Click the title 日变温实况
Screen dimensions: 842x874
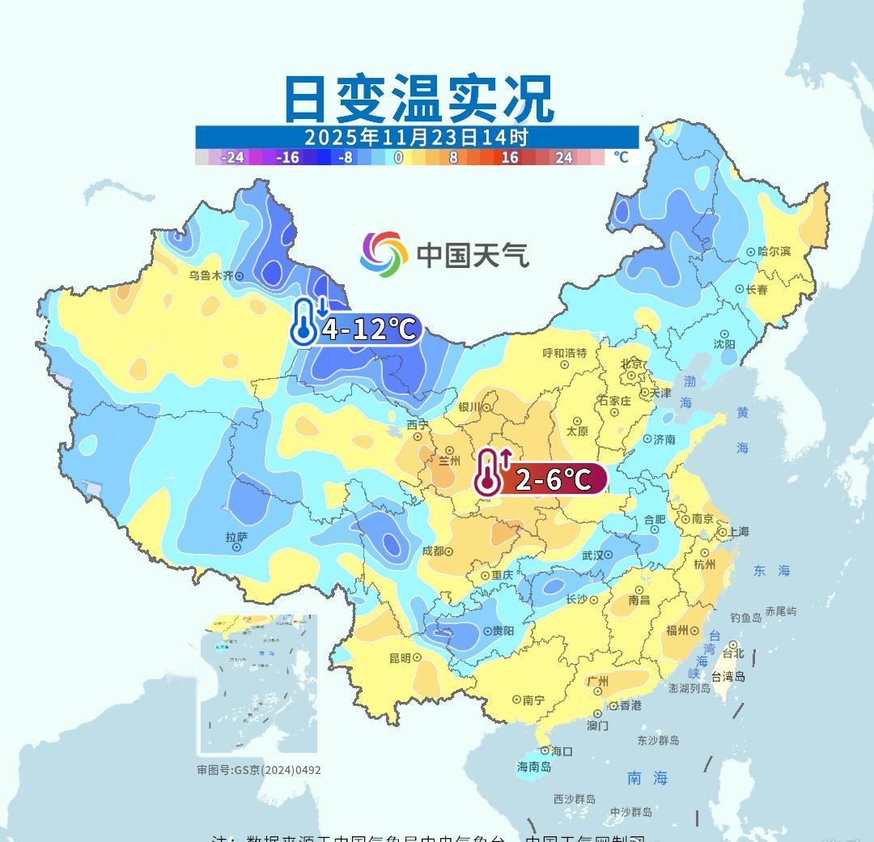[418, 99]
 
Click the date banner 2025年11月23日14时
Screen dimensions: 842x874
[417, 137]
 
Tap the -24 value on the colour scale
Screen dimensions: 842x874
[233, 157]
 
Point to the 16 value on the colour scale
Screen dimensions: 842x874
[509, 157]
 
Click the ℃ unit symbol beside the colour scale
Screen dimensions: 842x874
[621, 157]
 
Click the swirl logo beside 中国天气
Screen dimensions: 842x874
[384, 253]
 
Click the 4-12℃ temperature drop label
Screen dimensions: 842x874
[368, 330]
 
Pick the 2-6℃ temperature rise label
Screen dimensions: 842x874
[552, 479]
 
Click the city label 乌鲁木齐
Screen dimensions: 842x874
[210, 275]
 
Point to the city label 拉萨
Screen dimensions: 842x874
[236, 537]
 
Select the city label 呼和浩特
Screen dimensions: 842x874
[565, 353]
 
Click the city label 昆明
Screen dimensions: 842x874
[400, 658]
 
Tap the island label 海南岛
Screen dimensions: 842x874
[534, 767]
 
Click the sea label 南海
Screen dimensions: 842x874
[647, 778]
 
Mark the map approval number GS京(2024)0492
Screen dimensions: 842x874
[259, 770]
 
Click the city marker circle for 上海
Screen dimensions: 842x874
[723, 533]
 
